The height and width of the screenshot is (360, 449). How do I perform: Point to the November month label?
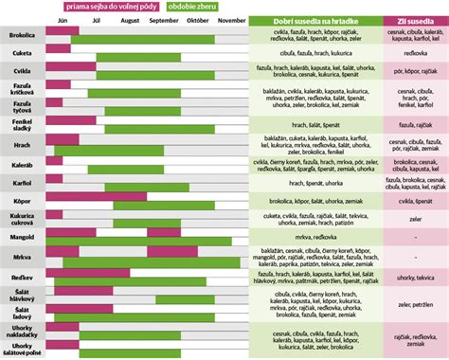[x=231, y=20]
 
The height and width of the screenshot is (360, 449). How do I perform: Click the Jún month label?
[x=63, y=20]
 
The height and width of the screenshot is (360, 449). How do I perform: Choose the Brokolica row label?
[x=22, y=35]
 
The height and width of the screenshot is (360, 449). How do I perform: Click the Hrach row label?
[x=22, y=144]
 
